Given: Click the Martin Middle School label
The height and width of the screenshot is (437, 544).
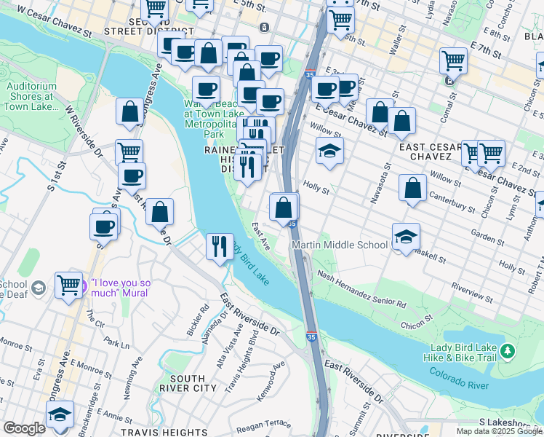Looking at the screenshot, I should tap(340, 245).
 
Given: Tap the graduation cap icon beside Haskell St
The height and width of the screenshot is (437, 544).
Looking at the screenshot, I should tap(407, 237).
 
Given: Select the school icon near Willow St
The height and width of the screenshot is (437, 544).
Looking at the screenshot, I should tap(329, 151).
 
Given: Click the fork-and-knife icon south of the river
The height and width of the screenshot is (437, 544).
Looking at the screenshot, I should tap(219, 245).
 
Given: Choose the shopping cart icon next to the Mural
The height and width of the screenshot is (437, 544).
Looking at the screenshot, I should tap(68, 285).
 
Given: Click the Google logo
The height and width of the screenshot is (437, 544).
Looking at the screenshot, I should tap(24, 428).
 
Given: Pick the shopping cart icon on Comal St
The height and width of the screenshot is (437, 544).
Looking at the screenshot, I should tap(453, 60).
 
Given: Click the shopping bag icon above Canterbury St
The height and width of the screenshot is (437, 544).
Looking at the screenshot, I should tap(412, 188).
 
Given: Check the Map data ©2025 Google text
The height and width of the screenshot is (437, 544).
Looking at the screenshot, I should tap(499, 431).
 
